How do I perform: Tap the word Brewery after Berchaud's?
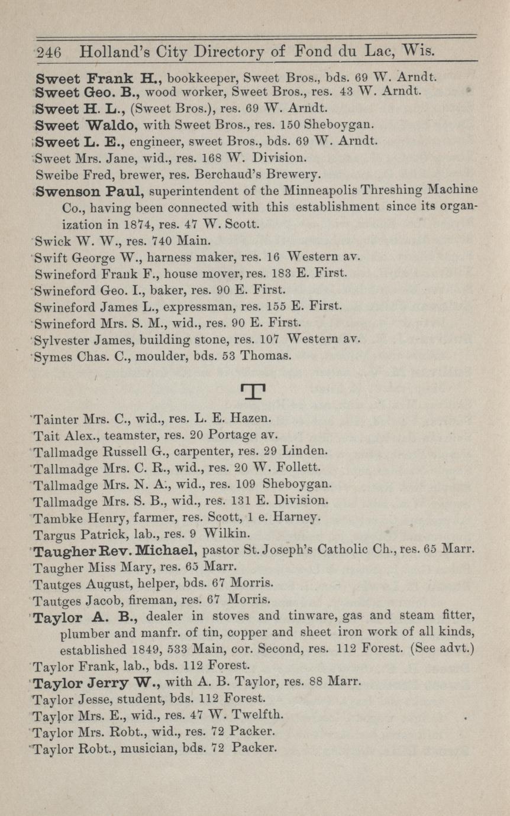[293, 174]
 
